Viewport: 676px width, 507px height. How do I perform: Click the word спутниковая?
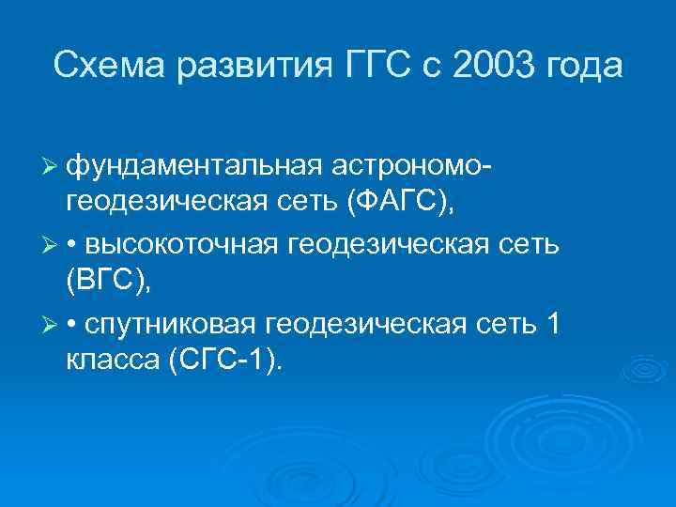176,324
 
